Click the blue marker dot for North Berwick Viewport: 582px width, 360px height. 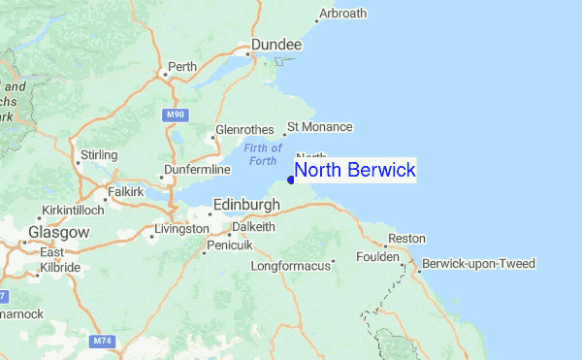pos(292,180)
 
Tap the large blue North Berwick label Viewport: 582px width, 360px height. pos(355,171)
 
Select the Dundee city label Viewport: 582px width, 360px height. pos(276,45)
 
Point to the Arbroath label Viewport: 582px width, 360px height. pos(343,14)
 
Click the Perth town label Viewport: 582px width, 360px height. pos(182,67)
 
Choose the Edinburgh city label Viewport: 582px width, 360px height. pos(246,205)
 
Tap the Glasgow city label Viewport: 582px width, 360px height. pos(58,233)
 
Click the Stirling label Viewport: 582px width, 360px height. pos(98,155)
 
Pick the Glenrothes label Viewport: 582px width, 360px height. pos(242,128)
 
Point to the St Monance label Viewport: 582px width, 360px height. pos(320,127)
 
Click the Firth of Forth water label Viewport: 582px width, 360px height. pos(263,153)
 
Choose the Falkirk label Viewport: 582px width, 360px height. pos(124,192)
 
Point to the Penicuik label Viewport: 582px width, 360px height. pos(231,247)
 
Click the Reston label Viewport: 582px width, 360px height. pos(406,239)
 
